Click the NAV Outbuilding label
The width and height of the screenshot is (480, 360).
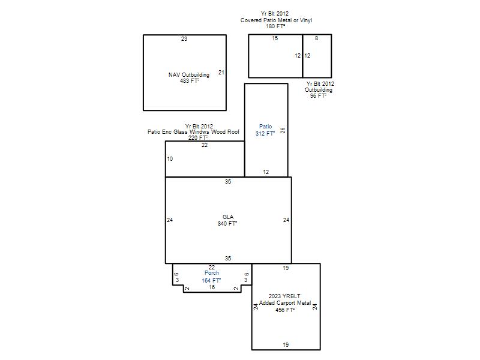pyautogui.click(x=189, y=74)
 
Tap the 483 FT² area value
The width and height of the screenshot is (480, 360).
pyautogui.click(x=190, y=81)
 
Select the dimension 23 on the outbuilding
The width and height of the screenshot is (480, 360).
pyautogui.click(x=184, y=39)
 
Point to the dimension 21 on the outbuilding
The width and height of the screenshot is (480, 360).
pyautogui.click(x=221, y=73)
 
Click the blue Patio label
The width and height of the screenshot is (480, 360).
pyautogui.click(x=265, y=127)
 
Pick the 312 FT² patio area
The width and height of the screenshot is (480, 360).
pyautogui.click(x=265, y=133)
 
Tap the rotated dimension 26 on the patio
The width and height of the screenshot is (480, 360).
pyautogui.click(x=283, y=130)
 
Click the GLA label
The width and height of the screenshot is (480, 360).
pyautogui.click(x=228, y=217)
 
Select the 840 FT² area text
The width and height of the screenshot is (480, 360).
pyautogui.click(x=227, y=224)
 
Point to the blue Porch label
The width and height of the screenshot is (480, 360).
pyautogui.click(x=212, y=273)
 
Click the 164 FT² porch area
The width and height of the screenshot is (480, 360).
pyautogui.click(x=211, y=280)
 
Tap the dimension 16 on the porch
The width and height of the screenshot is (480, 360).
pyautogui.click(x=212, y=287)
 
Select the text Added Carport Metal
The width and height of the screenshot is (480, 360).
pyautogui.click(x=285, y=303)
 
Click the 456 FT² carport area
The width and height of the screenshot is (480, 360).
pyautogui.click(x=285, y=310)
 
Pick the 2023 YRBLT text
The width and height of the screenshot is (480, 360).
pyautogui.click(x=284, y=296)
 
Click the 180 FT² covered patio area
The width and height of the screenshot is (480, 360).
pyautogui.click(x=275, y=26)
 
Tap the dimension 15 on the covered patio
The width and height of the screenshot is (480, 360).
pyautogui.click(x=275, y=38)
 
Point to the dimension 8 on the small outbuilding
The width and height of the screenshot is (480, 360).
pyautogui.click(x=317, y=38)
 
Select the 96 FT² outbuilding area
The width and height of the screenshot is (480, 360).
pyautogui.click(x=319, y=96)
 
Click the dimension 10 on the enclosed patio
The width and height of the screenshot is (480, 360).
pyautogui.click(x=170, y=159)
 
